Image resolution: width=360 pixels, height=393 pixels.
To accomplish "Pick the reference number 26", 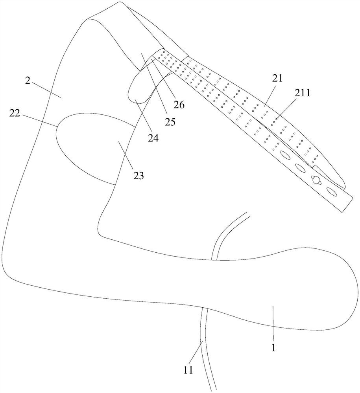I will click(x=179, y=105).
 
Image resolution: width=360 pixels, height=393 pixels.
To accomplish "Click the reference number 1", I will click(x=274, y=347).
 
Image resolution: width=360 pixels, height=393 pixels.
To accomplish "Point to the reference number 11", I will click(x=188, y=370).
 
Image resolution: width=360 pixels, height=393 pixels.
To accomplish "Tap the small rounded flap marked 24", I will click(x=138, y=90).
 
